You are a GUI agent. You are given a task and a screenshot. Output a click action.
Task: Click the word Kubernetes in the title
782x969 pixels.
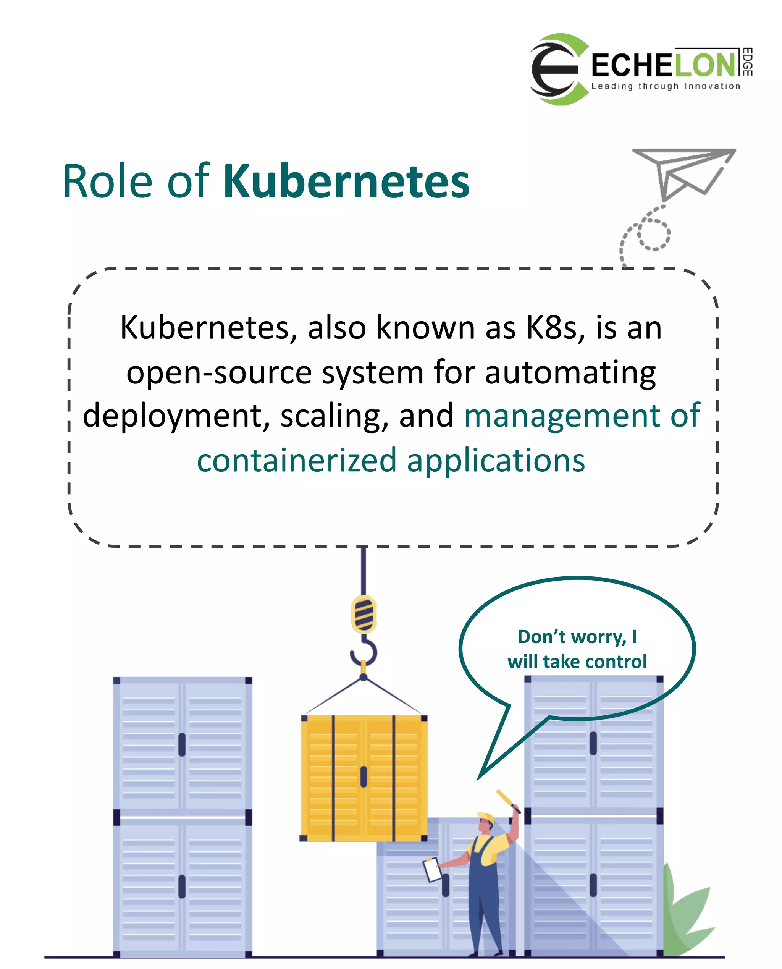pyautogui.click(x=346, y=181)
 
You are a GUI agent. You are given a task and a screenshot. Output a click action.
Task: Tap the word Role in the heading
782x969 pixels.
pyautogui.click(x=108, y=181)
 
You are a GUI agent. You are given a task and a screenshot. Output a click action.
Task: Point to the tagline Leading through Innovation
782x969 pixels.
pyautogui.click(x=665, y=86)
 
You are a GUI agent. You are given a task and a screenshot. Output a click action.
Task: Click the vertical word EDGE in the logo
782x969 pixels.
pyautogui.click(x=747, y=62)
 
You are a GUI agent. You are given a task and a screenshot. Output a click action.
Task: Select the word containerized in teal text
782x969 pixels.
pyautogui.click(x=296, y=461)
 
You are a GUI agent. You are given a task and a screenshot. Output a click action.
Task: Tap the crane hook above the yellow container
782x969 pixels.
pyautogui.click(x=364, y=653)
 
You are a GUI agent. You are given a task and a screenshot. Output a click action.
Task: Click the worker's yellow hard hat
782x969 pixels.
pyautogui.click(x=486, y=818)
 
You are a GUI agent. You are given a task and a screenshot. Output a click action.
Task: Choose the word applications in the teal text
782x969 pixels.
pyautogui.click(x=496, y=461)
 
